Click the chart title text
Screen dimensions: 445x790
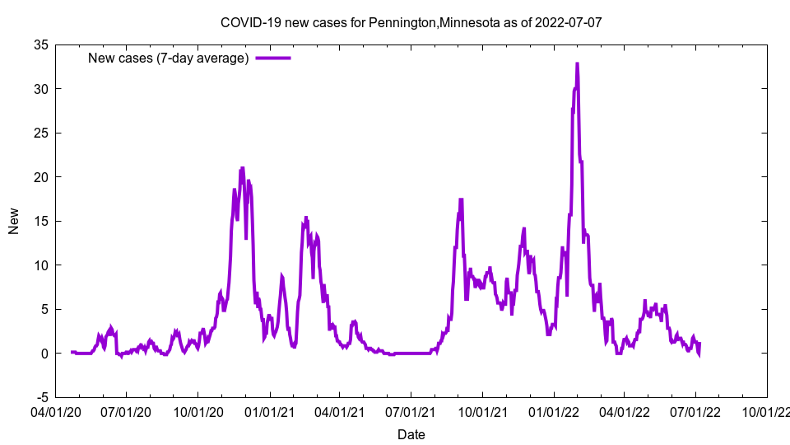[411, 22]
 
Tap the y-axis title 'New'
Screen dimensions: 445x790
[14, 221]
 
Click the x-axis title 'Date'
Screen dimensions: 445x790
[411, 434]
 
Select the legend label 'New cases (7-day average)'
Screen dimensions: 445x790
[169, 58]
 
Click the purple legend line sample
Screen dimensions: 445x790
[273, 58]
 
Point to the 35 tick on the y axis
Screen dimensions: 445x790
[40, 44]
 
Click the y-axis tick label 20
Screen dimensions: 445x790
[40, 177]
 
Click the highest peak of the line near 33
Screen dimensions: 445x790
[577, 63]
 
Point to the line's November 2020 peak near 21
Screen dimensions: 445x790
[242, 168]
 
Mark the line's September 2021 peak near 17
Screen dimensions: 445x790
[461, 199]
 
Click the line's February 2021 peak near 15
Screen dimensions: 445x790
[306, 218]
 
